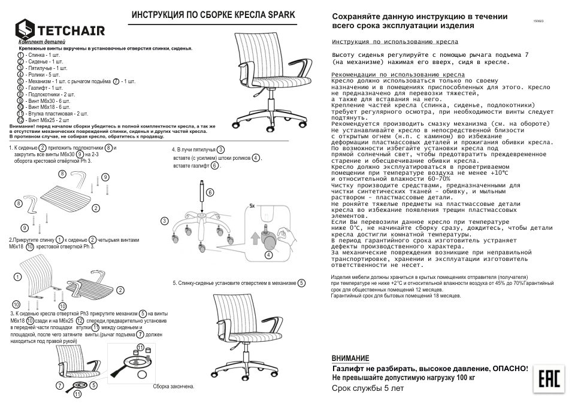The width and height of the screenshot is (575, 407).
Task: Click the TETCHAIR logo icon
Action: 25,29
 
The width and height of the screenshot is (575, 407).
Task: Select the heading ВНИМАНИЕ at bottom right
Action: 350,358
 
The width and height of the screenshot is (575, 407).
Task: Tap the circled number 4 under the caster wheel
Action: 268,255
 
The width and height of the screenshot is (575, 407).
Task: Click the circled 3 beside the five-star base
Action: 164,221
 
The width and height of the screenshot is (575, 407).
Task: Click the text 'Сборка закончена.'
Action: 173,387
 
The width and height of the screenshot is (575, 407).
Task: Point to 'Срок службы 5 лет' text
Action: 368,388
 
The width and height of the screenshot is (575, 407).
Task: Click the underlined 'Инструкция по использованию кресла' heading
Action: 395,42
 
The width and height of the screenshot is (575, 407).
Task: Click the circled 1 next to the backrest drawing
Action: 18,277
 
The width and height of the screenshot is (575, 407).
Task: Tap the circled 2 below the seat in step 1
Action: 95,208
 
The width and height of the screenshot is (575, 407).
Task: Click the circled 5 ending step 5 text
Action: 301,283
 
